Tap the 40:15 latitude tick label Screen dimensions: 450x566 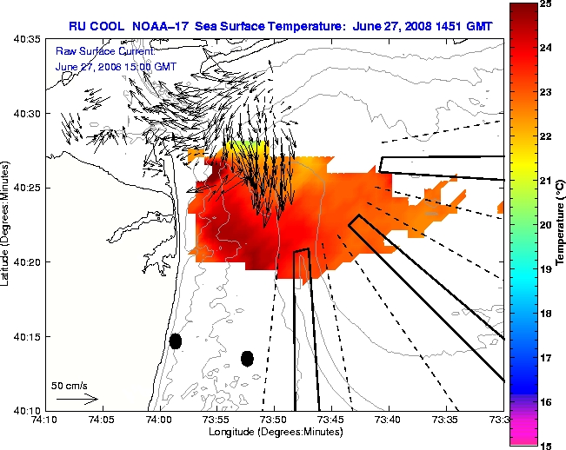27,336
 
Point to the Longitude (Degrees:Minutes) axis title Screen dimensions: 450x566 274,433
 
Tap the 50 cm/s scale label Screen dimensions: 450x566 69,385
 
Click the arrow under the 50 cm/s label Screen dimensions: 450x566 77,399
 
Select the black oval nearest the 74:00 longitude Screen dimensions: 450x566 176,341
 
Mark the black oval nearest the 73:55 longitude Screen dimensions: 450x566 247,358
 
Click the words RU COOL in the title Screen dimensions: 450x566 97,26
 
